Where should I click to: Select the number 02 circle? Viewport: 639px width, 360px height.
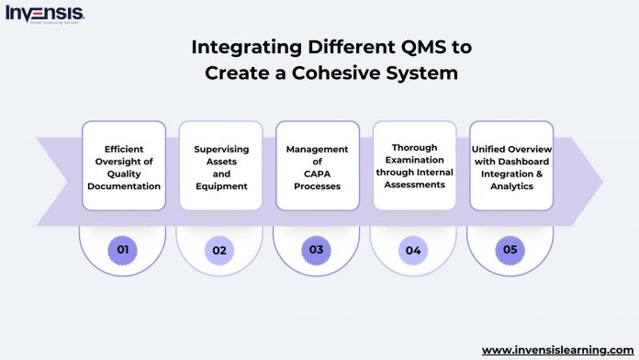[x=220, y=249]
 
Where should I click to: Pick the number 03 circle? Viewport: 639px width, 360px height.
[x=318, y=249]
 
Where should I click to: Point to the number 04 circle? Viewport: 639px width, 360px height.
[x=414, y=249]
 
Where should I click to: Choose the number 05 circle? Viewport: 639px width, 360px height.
[x=510, y=249]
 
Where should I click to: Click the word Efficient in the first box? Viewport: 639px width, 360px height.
[x=124, y=148]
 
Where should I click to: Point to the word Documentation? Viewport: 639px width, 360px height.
[x=124, y=186]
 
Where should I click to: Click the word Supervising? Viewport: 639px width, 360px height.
[x=220, y=148]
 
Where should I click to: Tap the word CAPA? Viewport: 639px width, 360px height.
[x=318, y=174]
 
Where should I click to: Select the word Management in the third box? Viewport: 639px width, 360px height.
[x=318, y=148]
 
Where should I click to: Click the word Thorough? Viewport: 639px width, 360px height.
[x=414, y=148]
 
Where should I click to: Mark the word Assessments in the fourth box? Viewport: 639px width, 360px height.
[x=414, y=186]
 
